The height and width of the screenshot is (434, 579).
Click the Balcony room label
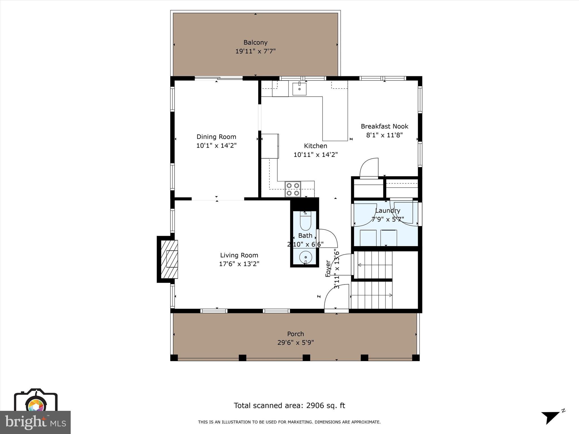(x=255, y=42)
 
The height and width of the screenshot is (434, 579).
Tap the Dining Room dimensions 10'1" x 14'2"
(x=216, y=146)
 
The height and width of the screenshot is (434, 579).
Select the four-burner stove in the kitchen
(x=293, y=189)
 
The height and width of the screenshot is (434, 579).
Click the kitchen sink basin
(x=299, y=89)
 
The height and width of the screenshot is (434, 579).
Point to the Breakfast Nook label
(x=384, y=126)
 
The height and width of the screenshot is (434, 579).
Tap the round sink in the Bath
(x=306, y=257)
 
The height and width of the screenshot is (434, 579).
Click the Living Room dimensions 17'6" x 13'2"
(x=239, y=264)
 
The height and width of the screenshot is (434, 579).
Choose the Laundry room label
(x=388, y=211)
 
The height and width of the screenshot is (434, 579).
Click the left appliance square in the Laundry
(x=368, y=238)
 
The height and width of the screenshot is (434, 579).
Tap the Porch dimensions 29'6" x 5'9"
(x=296, y=343)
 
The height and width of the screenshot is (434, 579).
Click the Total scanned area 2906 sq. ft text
(x=289, y=405)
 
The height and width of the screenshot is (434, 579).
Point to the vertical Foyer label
(x=328, y=268)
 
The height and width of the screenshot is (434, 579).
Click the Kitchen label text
(x=316, y=146)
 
